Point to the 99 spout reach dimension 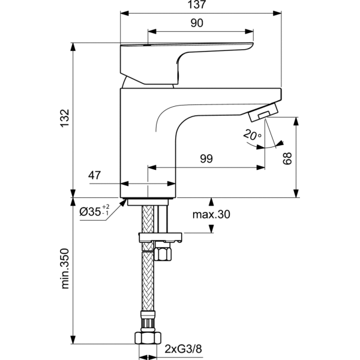pyautogui.click(x=206, y=159)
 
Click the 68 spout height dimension pyautogui.click(x=288, y=158)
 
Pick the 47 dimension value pyautogui.click(x=94, y=176)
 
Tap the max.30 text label pyautogui.click(x=211, y=215)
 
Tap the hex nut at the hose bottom pyautogui.click(x=147, y=338)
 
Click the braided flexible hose pyautogui.click(x=147, y=288)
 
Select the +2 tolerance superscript pyautogui.click(x=106, y=206)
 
